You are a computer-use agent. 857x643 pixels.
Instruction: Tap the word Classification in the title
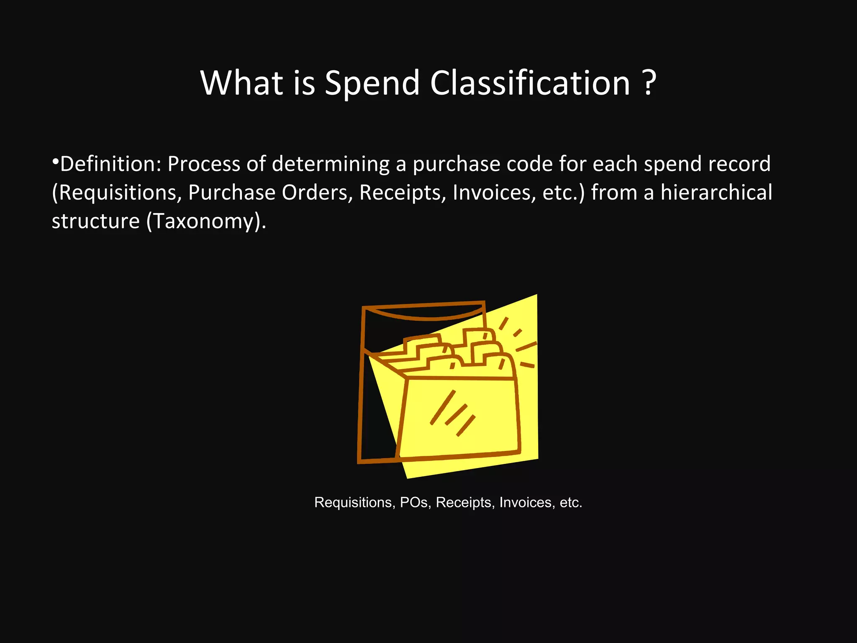point(530,83)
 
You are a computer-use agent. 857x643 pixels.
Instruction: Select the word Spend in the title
point(372,84)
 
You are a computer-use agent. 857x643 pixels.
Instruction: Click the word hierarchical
point(716,193)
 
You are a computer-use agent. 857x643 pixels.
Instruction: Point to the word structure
point(95,221)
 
